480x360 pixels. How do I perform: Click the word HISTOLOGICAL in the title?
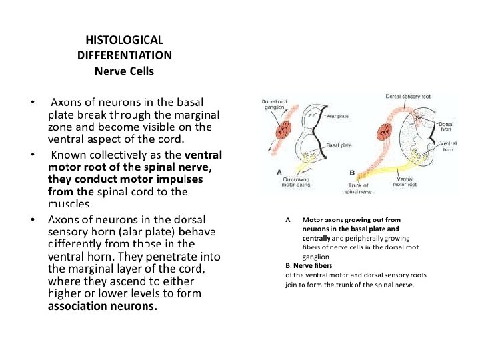pyautogui.click(x=124, y=41)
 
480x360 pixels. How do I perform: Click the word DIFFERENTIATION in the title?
pyautogui.click(x=124, y=55)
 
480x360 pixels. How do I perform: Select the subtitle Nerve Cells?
pyautogui.click(x=124, y=69)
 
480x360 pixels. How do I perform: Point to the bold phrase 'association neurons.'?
pyautogui.click(x=103, y=306)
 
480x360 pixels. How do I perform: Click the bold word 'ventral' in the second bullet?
pyautogui.click(x=198, y=155)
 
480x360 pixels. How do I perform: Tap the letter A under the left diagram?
pyautogui.click(x=279, y=172)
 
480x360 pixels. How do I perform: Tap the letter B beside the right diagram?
pyautogui.click(x=352, y=172)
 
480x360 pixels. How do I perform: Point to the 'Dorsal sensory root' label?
pyautogui.click(x=408, y=97)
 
